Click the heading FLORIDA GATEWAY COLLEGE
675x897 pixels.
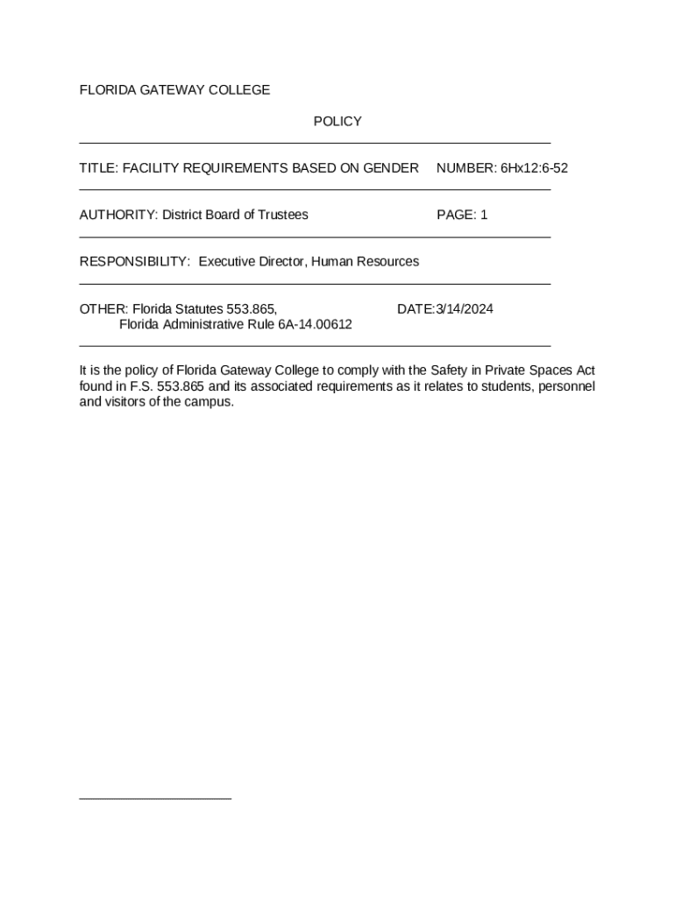pos(174,90)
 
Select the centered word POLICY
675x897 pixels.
pos(337,122)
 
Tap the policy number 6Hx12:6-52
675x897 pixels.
pos(534,168)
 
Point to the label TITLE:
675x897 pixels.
pos(99,168)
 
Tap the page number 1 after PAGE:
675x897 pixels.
pos(484,215)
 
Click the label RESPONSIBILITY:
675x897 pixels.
pos(135,262)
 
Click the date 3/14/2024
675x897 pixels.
pos(465,309)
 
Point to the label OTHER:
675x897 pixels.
pos(103,309)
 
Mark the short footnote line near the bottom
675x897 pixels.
pos(155,798)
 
